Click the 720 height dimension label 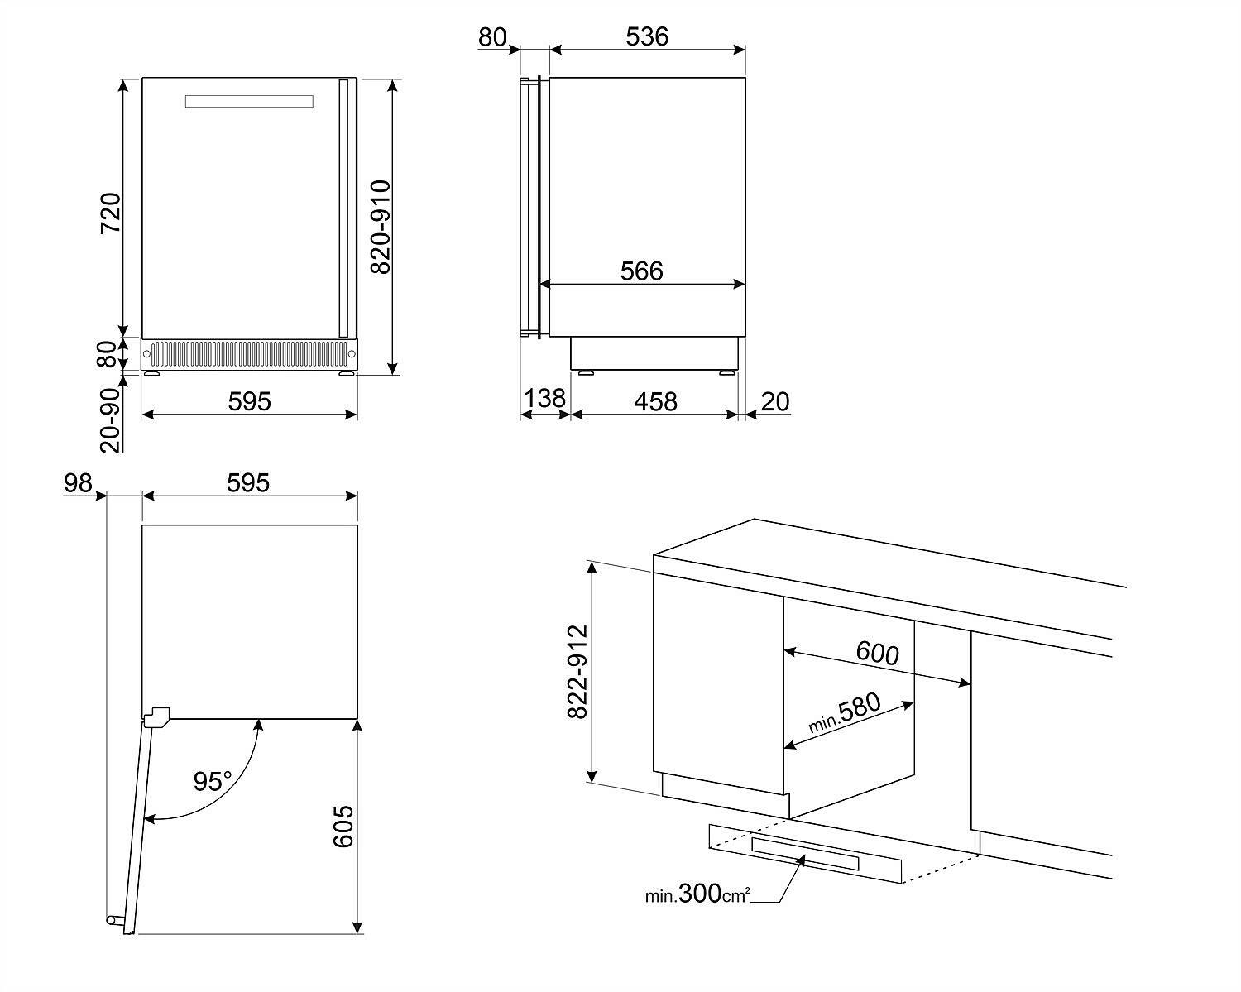(x=111, y=213)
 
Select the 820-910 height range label (x=381, y=227)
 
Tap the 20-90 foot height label (x=109, y=419)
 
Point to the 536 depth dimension (x=647, y=36)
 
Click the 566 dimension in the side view (x=642, y=271)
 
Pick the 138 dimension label (x=544, y=398)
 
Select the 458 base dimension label (x=656, y=401)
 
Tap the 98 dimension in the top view (x=78, y=482)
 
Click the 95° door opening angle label (x=213, y=782)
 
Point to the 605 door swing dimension (x=343, y=827)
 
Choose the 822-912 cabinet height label (x=577, y=672)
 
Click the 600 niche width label (x=877, y=653)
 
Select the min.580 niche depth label (x=845, y=712)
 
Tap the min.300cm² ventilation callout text (x=697, y=894)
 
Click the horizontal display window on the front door (x=249, y=102)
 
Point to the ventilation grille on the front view (x=249, y=354)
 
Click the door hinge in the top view (x=156, y=716)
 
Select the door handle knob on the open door (x=113, y=919)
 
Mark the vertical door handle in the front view (x=343, y=208)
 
